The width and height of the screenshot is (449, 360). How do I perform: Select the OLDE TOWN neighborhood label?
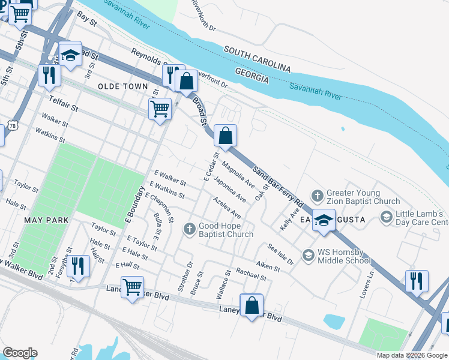click(122, 86)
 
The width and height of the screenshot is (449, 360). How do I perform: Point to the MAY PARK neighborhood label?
click(46, 220)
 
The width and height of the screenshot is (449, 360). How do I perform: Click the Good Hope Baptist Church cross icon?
click(190, 229)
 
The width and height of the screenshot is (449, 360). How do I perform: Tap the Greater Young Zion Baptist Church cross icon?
click(317, 196)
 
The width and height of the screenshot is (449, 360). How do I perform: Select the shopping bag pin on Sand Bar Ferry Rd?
click(226, 136)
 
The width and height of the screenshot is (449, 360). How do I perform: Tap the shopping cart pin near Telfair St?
click(159, 109)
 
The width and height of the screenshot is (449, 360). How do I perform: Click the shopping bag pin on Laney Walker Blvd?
click(252, 305)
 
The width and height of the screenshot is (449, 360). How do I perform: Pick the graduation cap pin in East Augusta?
click(324, 220)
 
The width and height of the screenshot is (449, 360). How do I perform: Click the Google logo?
click(20, 353)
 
